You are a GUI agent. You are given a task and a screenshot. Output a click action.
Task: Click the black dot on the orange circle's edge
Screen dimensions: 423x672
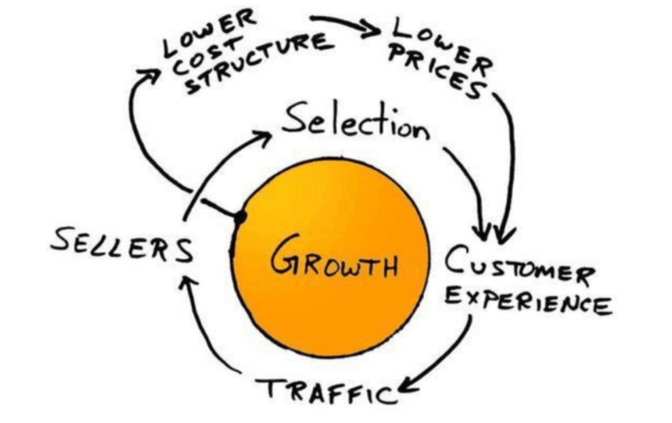(241, 215)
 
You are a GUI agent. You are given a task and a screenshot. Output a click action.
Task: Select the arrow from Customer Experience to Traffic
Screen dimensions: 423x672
(446, 359)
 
